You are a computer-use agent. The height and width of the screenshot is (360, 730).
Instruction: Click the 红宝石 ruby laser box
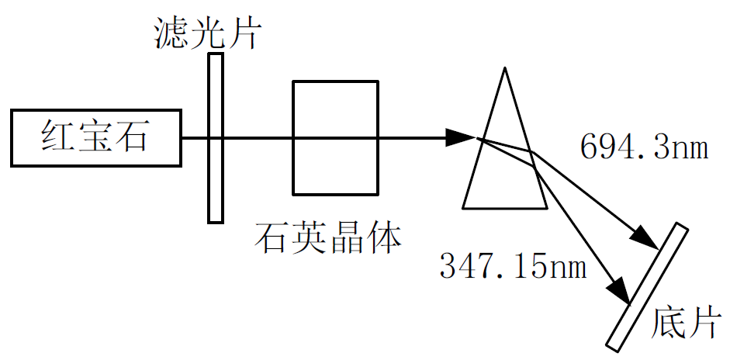pos(96,138)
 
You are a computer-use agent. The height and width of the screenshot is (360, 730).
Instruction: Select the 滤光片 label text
pos(206,33)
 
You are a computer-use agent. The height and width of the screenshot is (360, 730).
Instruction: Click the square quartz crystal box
pos(335,137)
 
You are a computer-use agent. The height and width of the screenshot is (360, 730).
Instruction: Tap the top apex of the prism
pos(505,69)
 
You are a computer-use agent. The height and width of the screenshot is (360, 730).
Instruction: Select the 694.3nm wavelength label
pos(644,146)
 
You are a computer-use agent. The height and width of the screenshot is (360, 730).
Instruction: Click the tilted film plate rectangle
pos(646,286)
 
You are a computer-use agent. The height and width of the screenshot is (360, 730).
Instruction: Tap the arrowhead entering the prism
pos(463,138)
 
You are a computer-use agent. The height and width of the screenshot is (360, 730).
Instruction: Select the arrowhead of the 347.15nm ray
pos(618,289)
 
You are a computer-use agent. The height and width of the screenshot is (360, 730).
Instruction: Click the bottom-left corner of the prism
pos(463,208)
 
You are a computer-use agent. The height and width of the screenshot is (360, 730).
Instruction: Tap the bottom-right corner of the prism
pos(547,208)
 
